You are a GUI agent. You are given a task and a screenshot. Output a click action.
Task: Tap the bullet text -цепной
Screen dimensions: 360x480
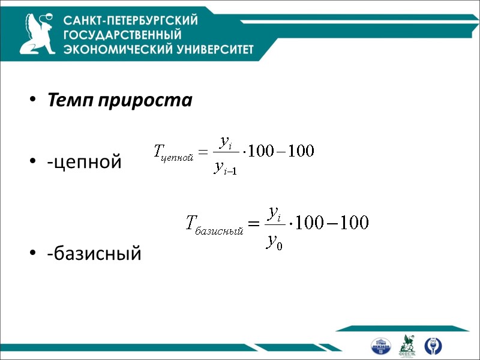point(85,161)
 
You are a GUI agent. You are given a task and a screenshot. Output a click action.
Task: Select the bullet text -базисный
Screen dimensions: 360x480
point(95,254)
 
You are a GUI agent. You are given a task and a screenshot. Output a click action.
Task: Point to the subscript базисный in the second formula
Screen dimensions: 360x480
point(219,230)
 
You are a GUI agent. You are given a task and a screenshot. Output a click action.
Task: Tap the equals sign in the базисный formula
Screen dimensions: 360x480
point(254,225)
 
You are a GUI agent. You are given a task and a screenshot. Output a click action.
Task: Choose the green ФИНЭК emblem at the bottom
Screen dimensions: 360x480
point(407,345)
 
